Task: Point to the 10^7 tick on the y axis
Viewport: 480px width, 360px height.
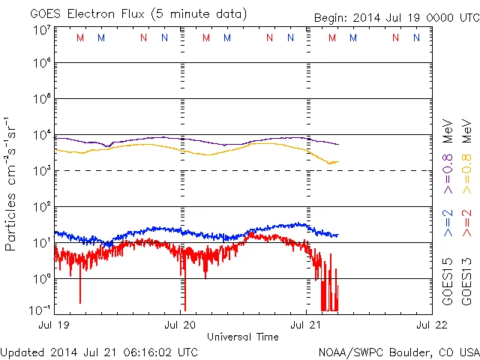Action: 41,30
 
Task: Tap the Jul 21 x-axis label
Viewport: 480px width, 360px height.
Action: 306,325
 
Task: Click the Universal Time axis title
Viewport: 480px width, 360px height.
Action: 242,337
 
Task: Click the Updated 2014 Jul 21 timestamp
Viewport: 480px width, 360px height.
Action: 99,351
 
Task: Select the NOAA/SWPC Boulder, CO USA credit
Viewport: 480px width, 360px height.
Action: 398,351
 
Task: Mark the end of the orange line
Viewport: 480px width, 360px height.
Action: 338,162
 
